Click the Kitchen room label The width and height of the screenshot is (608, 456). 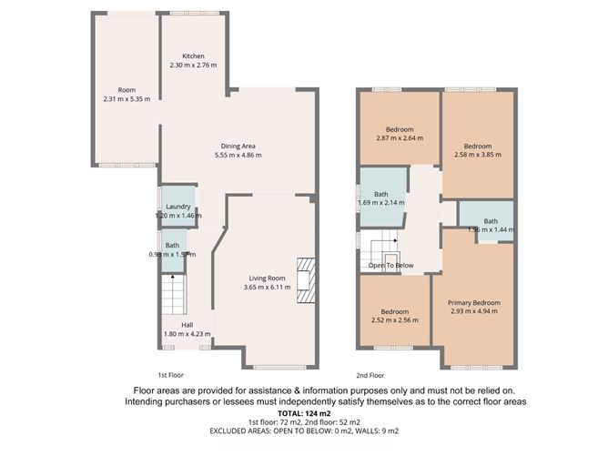[194, 56]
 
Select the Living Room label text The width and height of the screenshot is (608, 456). [267, 278]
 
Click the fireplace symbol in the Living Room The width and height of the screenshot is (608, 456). [307, 280]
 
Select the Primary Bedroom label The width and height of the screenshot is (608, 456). [475, 302]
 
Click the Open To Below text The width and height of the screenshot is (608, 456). [390, 266]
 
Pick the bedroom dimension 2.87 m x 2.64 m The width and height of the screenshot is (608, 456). [401, 138]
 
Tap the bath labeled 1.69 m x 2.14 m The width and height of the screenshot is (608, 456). [383, 202]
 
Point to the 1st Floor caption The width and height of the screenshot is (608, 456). [170, 375]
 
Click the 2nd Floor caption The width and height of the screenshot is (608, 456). [370, 375]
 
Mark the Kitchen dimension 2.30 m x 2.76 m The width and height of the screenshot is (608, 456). [194, 66]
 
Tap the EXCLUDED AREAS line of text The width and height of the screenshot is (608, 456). [303, 432]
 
